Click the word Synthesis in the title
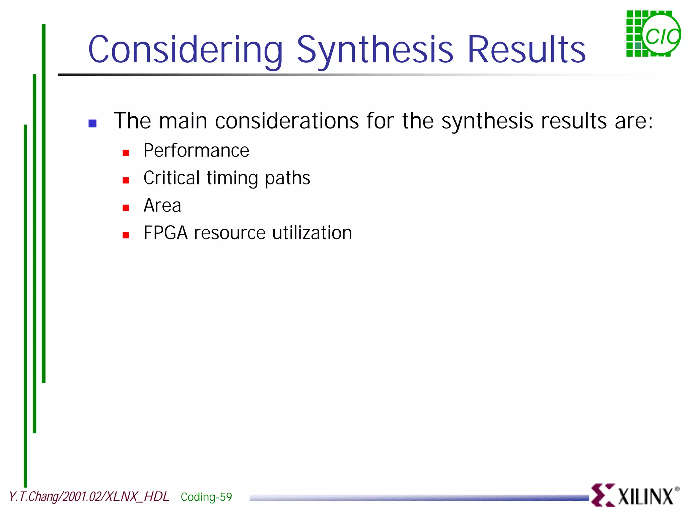point(375,50)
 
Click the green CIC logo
point(653,34)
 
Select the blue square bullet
point(92,123)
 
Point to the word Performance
point(196,151)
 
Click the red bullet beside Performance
point(126,153)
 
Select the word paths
point(287,178)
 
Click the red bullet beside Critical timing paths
point(126,180)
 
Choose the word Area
point(162,206)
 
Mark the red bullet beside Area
point(126,208)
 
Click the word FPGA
point(165,233)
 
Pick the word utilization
point(312,233)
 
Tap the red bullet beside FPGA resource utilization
point(126,235)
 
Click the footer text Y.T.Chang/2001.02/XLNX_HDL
point(89,497)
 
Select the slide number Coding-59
point(206,497)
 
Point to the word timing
point(232,178)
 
